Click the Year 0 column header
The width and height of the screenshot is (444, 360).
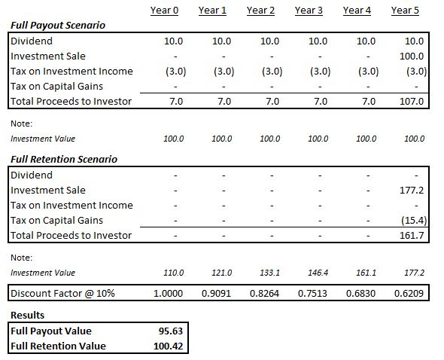[164, 11]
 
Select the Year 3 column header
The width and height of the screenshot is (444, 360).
[309, 11]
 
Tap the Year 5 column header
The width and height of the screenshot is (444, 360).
[405, 11]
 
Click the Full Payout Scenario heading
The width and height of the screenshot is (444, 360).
[58, 25]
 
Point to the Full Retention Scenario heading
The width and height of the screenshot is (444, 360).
[64, 160]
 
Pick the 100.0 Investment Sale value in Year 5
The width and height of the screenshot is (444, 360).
[412, 56]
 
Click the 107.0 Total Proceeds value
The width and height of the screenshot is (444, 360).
[412, 101]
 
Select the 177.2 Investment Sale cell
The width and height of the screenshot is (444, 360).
[412, 191]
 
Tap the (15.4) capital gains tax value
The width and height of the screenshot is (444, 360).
[414, 220]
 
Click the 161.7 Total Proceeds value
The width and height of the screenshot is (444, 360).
[412, 235]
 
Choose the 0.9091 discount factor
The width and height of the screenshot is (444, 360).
[216, 293]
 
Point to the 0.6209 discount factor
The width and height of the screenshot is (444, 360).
[409, 293]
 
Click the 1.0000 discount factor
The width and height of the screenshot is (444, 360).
[169, 293]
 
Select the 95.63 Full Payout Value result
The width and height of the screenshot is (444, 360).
[171, 331]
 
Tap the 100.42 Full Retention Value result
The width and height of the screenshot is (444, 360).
[169, 346]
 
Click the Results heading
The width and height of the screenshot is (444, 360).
[27, 316]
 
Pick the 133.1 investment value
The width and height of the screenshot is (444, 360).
[270, 273]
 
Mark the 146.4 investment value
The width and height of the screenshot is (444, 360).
[318, 273]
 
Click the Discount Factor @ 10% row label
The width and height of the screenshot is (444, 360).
[62, 293]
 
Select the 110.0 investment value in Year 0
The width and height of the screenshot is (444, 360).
[174, 273]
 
